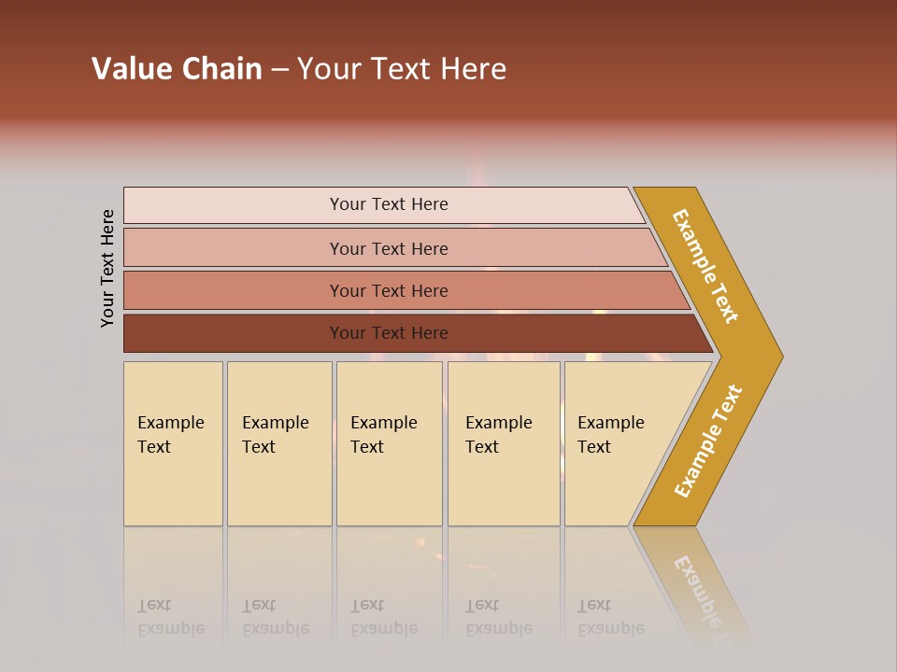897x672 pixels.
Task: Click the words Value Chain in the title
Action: pyautogui.click(x=177, y=69)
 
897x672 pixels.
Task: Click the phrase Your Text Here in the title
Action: pyautogui.click(x=402, y=69)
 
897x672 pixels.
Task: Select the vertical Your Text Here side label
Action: pyautogui.click(x=107, y=268)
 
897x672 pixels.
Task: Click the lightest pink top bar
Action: pyautogui.click(x=388, y=204)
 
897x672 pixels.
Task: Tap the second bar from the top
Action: pyautogui.click(x=388, y=248)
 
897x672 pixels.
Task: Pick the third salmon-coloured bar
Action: pyautogui.click(x=388, y=290)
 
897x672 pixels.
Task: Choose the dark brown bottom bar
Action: pyautogui.click(x=388, y=333)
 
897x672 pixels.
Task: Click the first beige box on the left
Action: pyautogui.click(x=173, y=443)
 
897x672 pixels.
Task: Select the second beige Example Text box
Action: pyautogui.click(x=279, y=443)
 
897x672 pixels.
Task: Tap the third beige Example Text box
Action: pyautogui.click(x=389, y=443)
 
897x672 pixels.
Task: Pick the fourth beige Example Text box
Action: pyautogui.click(x=504, y=443)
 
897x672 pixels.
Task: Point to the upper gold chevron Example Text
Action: pyautogui.click(x=706, y=266)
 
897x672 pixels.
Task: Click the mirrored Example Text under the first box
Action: pyautogui.click(x=170, y=617)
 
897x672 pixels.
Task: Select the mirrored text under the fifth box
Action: pyautogui.click(x=610, y=617)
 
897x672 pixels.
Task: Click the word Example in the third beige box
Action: pyautogui.click(x=383, y=423)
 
